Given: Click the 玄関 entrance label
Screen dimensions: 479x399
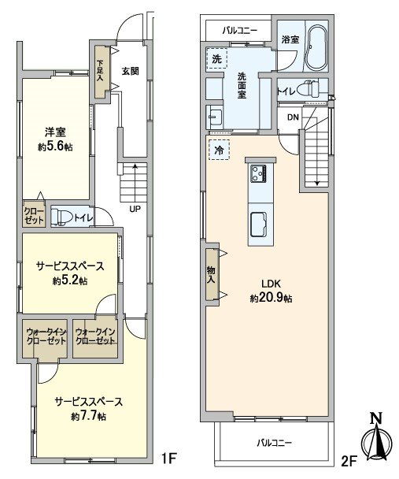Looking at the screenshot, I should pos(130,70).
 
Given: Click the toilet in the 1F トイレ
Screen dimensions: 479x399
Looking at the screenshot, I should pos(62,215).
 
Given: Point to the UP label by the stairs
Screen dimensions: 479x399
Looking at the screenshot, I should pos(135,210).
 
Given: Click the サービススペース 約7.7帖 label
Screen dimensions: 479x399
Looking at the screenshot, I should pos(88,408).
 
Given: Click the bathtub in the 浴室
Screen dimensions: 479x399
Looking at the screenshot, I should pos(316,50).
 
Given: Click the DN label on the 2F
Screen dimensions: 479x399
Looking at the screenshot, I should pos(292,117).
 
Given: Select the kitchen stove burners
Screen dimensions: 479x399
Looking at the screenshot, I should pos(259,172).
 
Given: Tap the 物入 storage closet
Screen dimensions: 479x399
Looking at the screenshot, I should pos(211,273).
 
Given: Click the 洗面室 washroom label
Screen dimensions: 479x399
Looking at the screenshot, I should pos(242,84).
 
